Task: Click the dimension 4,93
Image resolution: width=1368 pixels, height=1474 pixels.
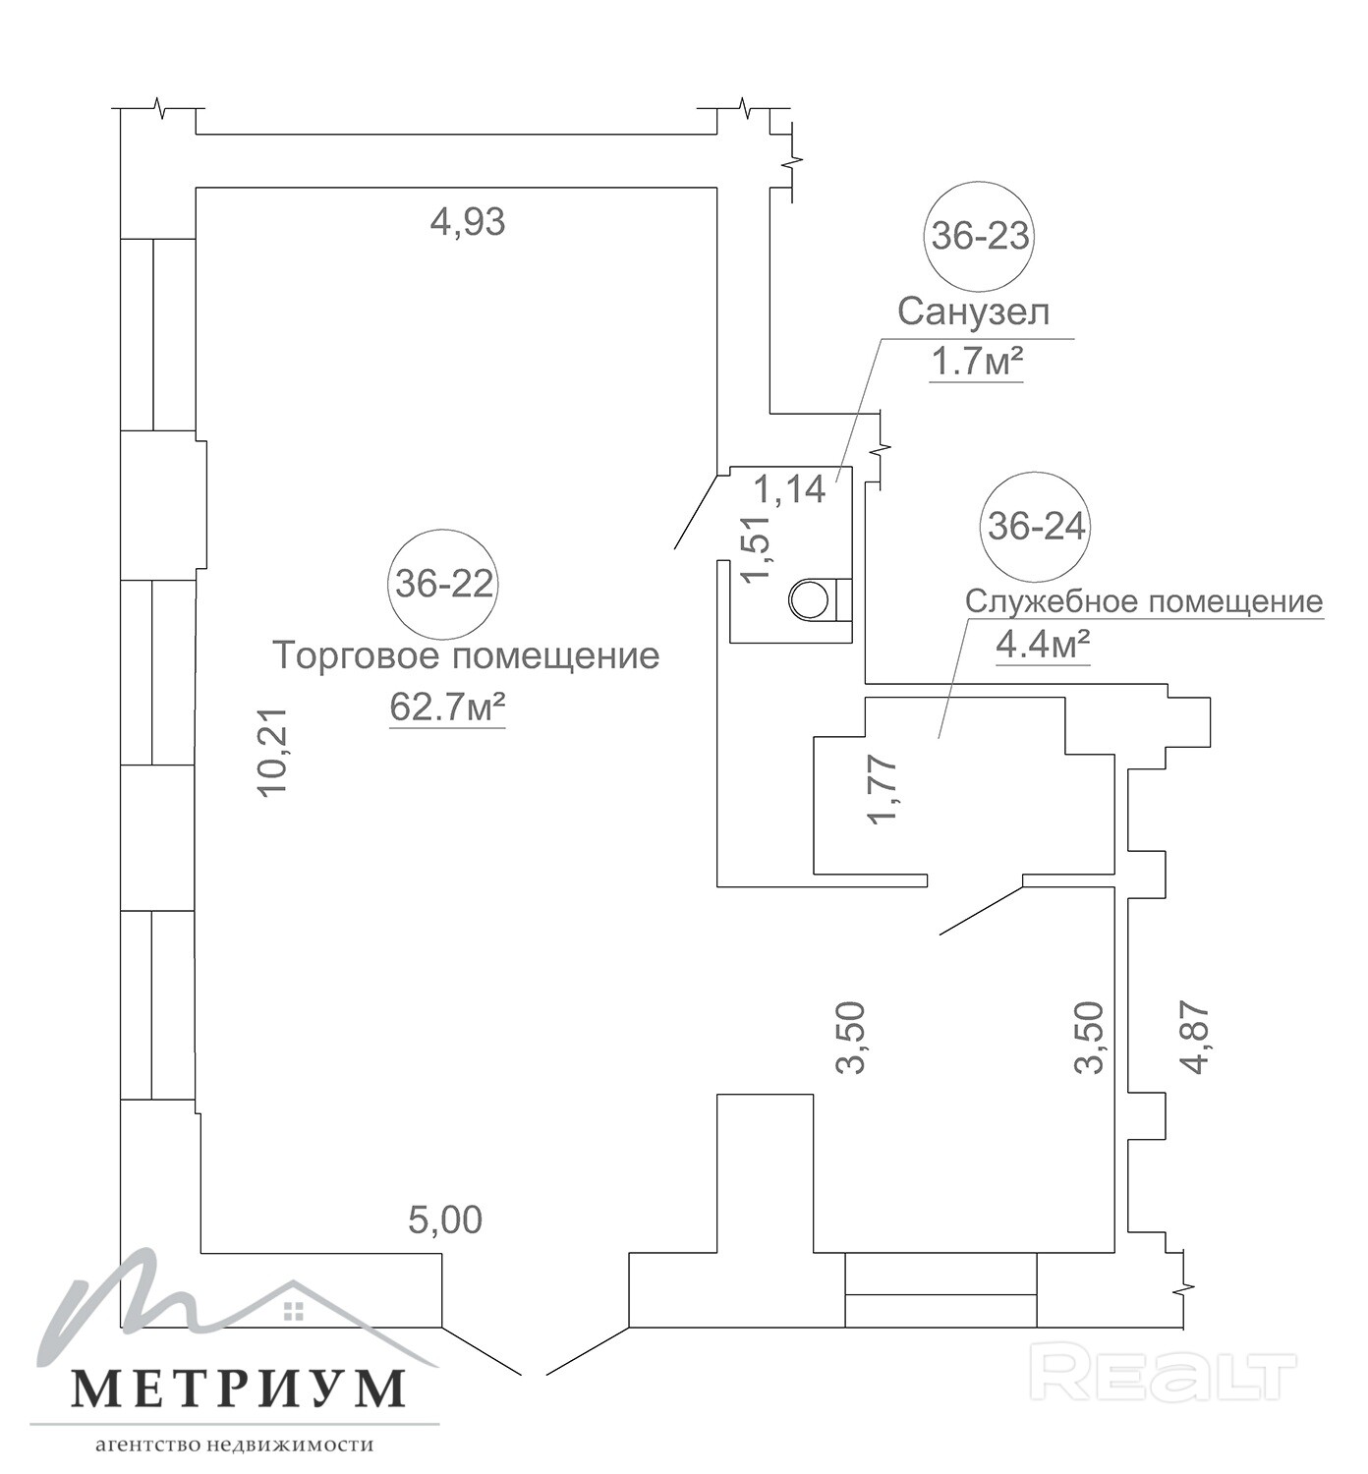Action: pyautogui.click(x=468, y=221)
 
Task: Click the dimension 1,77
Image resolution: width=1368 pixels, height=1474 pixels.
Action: pyautogui.click(x=884, y=789)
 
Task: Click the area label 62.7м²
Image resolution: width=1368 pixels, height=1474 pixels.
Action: pyautogui.click(x=447, y=708)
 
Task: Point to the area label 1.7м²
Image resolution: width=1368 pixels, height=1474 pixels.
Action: pyautogui.click(x=976, y=363)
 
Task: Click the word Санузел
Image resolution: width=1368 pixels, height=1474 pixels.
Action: pyautogui.click(x=974, y=312)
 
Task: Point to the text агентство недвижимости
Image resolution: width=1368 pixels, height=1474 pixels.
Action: pyautogui.click(x=235, y=1445)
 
